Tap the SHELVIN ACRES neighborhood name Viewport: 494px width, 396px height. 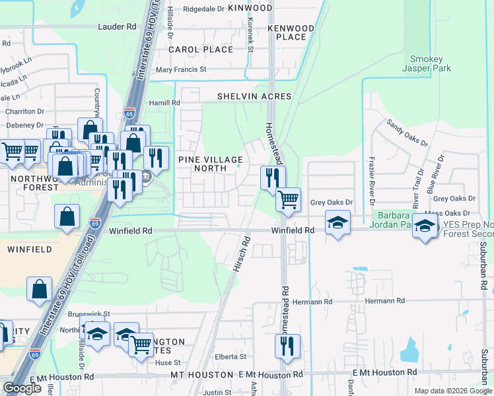(x=254, y=96)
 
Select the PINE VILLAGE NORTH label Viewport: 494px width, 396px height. (x=209, y=164)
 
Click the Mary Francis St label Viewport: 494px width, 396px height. (x=181, y=69)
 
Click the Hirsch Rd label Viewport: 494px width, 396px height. (x=239, y=254)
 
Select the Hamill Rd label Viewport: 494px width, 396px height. (x=164, y=103)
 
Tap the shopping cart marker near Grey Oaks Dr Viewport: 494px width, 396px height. (x=288, y=199)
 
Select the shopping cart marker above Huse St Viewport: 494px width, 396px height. (x=141, y=344)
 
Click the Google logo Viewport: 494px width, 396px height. (x=22, y=388)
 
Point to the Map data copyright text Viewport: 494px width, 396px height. (x=453, y=391)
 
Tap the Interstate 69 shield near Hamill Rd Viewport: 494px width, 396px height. (x=130, y=113)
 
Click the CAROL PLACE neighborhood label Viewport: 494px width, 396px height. (x=201, y=49)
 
